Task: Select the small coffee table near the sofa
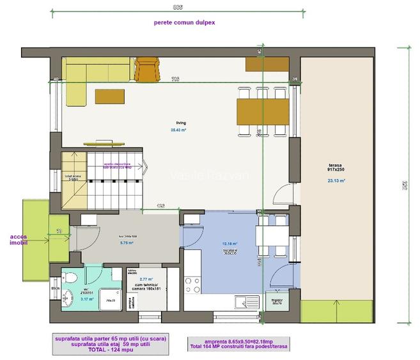110,96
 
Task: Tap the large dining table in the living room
261,111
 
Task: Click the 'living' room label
182,123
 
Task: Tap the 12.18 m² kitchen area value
229,244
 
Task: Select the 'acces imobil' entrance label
19,240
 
